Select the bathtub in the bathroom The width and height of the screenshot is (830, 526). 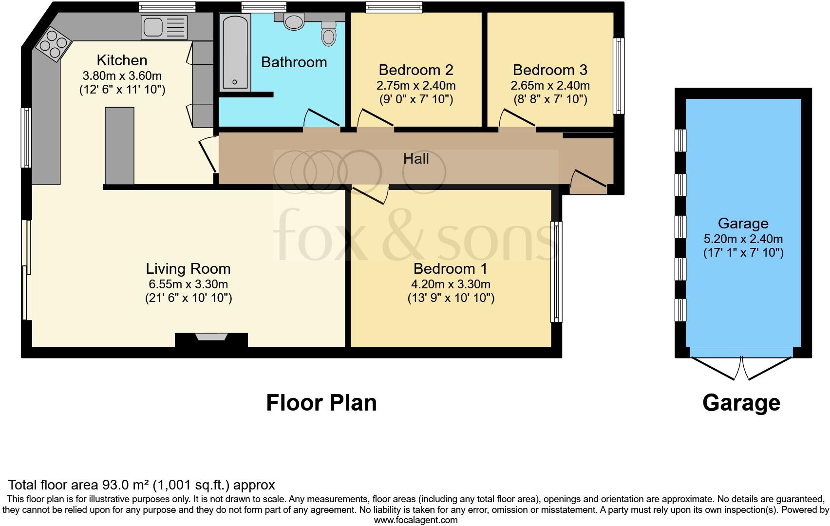click(236, 52)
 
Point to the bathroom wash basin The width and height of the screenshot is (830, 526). click(293, 21)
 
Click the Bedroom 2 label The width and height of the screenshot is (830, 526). click(415, 70)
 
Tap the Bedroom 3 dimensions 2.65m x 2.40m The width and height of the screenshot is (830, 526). click(550, 86)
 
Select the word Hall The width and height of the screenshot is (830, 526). click(416, 159)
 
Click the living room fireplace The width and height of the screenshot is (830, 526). click(211, 339)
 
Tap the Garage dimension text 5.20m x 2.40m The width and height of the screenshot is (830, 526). click(743, 239)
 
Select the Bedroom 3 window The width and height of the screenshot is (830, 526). click(619, 75)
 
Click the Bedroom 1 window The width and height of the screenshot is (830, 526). click(556, 272)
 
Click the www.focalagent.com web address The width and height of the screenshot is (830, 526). click(415, 520)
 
